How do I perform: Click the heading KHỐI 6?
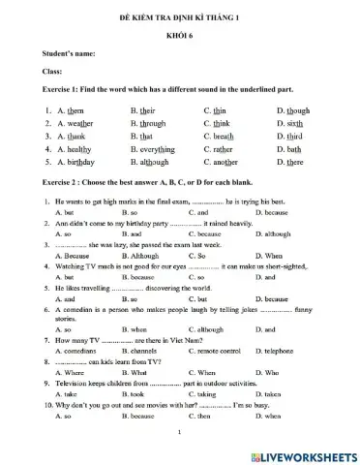tap(181, 35)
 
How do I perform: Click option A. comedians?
tap(75, 350)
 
